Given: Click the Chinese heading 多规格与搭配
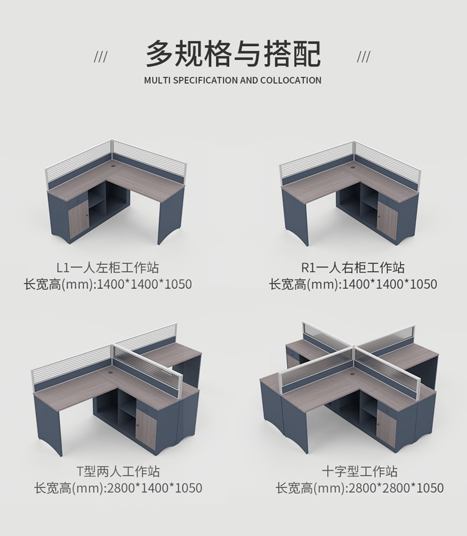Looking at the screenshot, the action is [x=233, y=54].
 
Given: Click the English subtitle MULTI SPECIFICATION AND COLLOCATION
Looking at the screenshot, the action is [x=233, y=80].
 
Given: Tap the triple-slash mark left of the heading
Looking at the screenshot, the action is [x=100, y=57].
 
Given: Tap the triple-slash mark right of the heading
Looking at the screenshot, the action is [x=364, y=57].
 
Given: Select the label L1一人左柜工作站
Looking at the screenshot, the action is [x=108, y=267].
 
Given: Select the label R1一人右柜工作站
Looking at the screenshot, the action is [x=353, y=267].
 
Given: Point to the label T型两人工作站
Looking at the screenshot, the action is [x=118, y=471].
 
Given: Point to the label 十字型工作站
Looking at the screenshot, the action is [x=360, y=471].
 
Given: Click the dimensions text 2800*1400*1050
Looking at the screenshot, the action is [x=155, y=488].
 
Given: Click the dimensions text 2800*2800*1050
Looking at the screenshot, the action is [x=396, y=488].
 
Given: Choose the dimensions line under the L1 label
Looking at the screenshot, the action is [x=108, y=284].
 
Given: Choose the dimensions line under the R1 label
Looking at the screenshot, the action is [x=353, y=284].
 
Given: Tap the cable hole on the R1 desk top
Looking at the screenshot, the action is [x=352, y=168].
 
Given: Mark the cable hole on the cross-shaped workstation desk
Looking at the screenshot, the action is [x=352, y=374].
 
